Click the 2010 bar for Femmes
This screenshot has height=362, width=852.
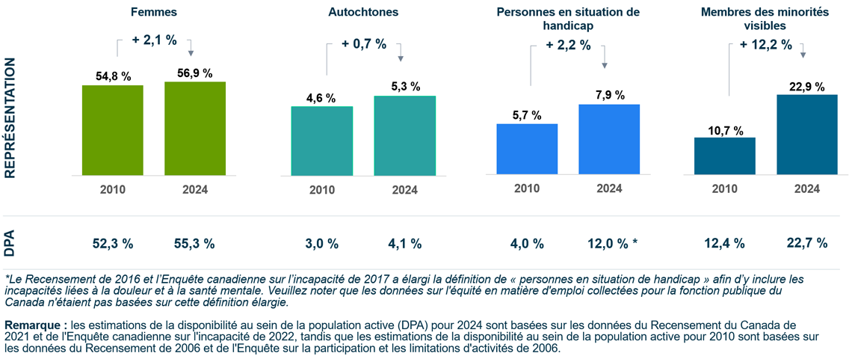(113, 130)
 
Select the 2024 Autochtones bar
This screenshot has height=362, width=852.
(404, 135)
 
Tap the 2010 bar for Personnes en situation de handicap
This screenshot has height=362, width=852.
(527, 149)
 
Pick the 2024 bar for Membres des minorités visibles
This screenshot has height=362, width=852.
(806, 134)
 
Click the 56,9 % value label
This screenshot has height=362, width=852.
(195, 73)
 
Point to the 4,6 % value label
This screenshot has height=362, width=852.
(321, 98)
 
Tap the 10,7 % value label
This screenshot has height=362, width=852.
(724, 131)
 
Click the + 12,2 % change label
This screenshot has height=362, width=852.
(765, 45)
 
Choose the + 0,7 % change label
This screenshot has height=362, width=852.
(364, 44)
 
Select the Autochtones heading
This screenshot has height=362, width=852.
(363, 13)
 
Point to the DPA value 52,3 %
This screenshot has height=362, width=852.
(113, 243)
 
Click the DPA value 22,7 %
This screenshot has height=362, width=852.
(806, 243)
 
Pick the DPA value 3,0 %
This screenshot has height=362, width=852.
(321, 243)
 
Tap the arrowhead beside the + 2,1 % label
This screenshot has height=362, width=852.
(191, 52)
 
